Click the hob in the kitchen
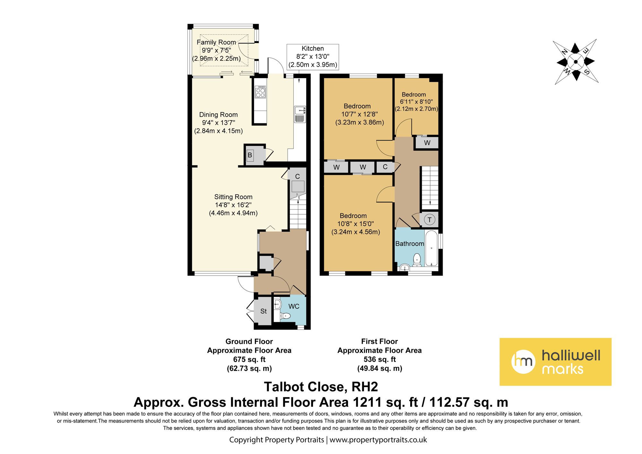point(260,92)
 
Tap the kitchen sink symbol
point(300,114)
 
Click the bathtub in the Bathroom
point(431,248)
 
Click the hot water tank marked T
point(429,220)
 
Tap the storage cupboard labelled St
point(263,311)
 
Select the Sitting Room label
point(233,197)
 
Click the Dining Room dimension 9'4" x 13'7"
point(218,123)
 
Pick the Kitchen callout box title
point(313,49)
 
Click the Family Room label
point(216,42)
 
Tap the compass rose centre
point(576,62)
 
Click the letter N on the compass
point(564,51)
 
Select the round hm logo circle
point(524,361)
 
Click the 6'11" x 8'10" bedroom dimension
point(416,102)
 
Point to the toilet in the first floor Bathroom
point(417,260)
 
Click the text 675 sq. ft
point(249,359)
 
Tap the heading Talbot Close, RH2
point(321,387)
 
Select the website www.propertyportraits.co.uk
point(378,440)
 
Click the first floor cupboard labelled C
point(385,167)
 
